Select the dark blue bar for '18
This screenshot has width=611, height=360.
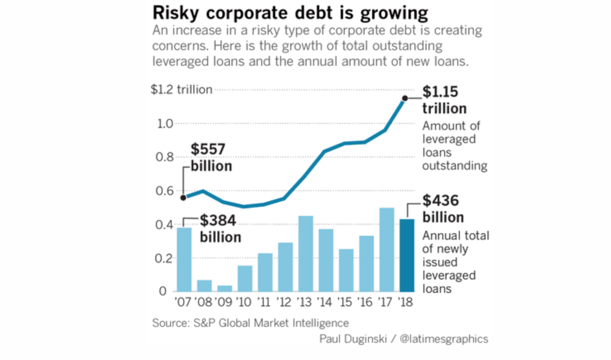click(406, 255)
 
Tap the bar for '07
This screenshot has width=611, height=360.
click(183, 259)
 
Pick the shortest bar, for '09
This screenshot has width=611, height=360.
click(225, 288)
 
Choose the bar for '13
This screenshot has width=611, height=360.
click(305, 253)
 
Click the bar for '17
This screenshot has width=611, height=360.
click(386, 249)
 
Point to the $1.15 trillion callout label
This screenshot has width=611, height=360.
click(444, 100)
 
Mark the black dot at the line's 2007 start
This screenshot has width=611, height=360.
click(183, 198)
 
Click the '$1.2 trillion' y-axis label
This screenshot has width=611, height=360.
click(181, 90)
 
